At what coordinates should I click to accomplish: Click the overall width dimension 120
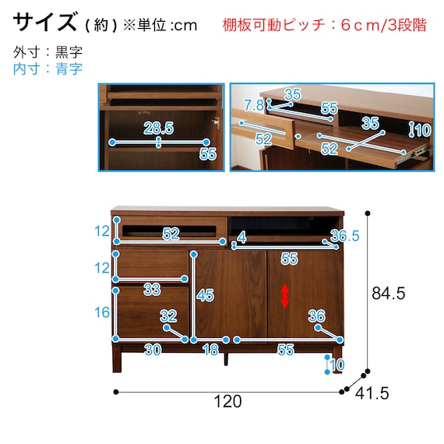pos(227,401)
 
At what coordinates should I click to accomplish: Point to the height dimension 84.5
pos(389,293)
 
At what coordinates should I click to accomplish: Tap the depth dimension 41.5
pos(372,393)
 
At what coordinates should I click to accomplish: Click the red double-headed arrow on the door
pos(284,296)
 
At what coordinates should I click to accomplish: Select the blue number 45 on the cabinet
pos(206,296)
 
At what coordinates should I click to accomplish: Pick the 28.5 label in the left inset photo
pos(159,128)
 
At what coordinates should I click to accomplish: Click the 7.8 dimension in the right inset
pos(254,105)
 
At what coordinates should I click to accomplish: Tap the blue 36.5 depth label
pos(345,235)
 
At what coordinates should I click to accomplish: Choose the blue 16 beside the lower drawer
pos(102,312)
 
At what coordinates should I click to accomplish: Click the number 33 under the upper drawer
pos(152,290)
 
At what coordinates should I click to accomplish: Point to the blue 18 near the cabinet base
pos(211,350)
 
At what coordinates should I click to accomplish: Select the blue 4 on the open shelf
pos(241,238)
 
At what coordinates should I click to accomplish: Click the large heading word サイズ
pos(45,22)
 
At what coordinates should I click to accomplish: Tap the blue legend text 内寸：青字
pos(48,69)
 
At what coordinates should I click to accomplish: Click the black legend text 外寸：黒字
pos(48,52)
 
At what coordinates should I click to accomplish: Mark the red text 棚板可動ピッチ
pos(273,25)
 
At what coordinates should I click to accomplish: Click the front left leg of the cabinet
pos(117,358)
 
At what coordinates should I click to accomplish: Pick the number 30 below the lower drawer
pos(153,350)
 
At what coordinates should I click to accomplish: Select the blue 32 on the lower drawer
pos(168,315)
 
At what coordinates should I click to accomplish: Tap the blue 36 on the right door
pos(316,315)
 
